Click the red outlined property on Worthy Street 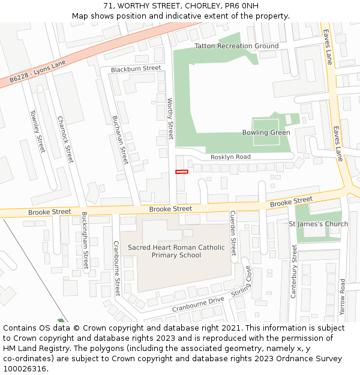181,172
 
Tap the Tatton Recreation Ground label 236,46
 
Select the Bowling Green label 266,133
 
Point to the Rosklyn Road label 230,157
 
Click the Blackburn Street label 136,68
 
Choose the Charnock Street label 65,139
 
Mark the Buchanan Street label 121,140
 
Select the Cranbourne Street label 117,268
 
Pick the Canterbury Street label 294,271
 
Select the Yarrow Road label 342,297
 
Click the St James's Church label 318,224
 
